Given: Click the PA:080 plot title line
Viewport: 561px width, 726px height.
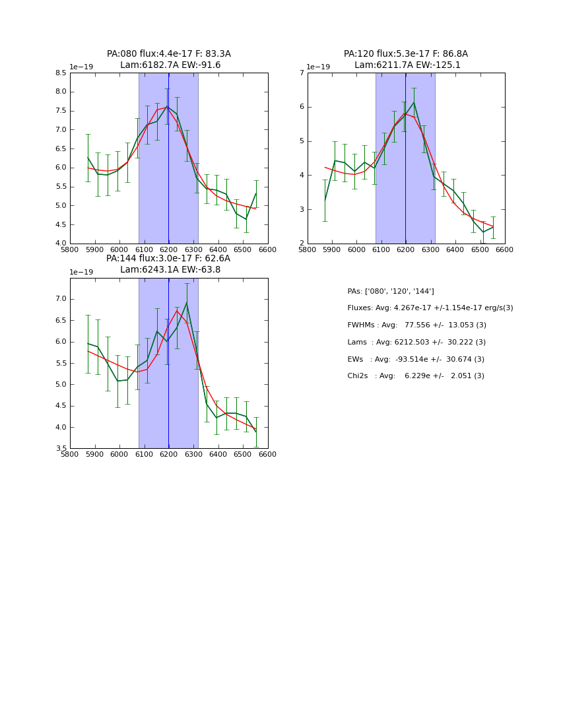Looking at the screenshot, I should pos(168,54).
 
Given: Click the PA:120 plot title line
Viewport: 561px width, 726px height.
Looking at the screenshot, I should pos(405,54).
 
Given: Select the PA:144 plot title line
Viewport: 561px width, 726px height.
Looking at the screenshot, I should pos(168,259).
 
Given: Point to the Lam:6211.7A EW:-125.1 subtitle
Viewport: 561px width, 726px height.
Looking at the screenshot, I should pos(407,65).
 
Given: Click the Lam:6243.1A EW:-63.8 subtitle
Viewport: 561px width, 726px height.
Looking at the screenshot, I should pos(170,270).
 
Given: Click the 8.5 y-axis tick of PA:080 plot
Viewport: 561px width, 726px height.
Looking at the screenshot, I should pos(60,73).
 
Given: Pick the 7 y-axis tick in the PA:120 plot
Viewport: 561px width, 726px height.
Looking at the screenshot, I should pos(301,73).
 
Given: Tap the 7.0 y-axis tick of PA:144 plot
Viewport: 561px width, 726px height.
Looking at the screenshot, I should pos(60,299).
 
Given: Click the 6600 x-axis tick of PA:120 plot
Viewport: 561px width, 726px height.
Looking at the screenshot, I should pos(504,249).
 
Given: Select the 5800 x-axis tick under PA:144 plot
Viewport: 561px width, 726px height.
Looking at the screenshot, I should pos(70,454).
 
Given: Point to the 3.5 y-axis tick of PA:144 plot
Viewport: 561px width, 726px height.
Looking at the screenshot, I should pos(60,448).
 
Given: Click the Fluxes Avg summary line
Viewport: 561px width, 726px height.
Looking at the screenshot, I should pos(430,308).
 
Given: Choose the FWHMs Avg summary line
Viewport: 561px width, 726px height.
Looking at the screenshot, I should pos(416,325).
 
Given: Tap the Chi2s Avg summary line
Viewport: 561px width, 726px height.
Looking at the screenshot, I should pos(415,376).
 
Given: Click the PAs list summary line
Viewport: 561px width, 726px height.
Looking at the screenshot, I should pos(390,291).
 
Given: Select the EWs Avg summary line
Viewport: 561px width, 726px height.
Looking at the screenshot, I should pos(415,359).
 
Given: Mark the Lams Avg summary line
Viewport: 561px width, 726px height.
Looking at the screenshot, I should pos(416,342).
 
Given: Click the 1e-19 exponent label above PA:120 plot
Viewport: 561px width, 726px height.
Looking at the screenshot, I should pos(318,67).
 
